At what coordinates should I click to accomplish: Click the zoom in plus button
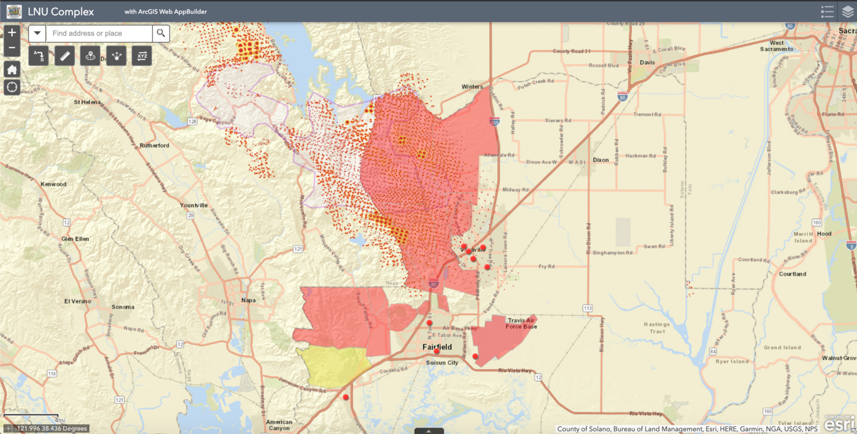click(12, 33)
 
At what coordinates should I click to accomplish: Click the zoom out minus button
click(12, 48)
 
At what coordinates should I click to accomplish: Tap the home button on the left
click(12, 69)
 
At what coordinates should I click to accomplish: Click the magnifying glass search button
click(161, 33)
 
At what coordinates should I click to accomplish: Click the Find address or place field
click(99, 33)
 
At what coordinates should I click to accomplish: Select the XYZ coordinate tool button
click(142, 56)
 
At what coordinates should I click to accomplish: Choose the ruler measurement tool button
click(64, 56)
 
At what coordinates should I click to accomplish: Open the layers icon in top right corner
click(847, 12)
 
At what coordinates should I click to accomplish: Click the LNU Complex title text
click(61, 12)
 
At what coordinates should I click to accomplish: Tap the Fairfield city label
click(437, 347)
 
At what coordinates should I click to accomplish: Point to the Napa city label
click(248, 300)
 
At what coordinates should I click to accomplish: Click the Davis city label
click(647, 63)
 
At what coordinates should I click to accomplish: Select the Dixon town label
click(600, 160)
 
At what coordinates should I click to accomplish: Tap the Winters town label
click(471, 87)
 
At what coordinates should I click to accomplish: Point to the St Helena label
click(87, 102)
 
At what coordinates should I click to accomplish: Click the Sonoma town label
click(123, 307)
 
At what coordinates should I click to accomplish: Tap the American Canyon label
click(279, 425)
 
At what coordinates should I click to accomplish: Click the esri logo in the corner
click(839, 424)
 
